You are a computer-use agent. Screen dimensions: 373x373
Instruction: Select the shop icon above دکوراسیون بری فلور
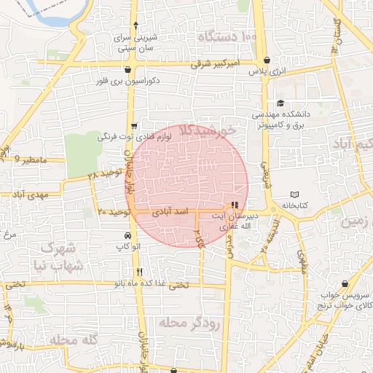click(129, 70)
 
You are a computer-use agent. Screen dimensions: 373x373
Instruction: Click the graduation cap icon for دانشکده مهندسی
click(281, 103)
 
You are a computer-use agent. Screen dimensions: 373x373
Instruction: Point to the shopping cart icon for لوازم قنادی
click(134, 125)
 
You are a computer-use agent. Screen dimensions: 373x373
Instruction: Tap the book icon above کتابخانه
click(294, 195)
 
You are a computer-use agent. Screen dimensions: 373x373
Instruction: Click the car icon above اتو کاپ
click(128, 236)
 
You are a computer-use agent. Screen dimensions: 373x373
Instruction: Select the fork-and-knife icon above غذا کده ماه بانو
click(139, 272)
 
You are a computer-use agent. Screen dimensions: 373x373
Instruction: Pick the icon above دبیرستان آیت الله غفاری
click(234, 205)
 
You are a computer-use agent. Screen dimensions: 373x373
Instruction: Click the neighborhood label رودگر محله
click(192, 322)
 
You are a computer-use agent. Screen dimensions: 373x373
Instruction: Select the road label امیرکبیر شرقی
click(216, 64)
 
